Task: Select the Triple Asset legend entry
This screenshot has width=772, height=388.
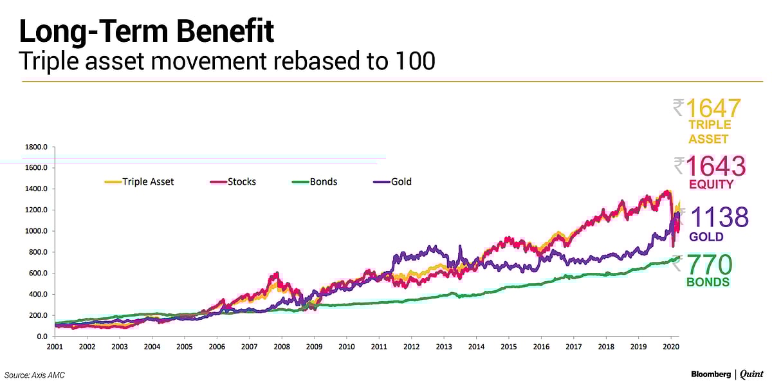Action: click(140, 182)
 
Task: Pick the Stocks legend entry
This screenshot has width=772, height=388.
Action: click(233, 182)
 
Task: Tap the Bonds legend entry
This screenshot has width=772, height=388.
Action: click(315, 182)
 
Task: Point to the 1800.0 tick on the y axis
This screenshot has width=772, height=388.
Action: click(36, 147)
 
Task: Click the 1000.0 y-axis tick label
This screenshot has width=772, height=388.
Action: click(36, 231)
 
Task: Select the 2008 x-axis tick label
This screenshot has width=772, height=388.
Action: click(282, 346)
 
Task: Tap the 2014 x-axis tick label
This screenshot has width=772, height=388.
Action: click(476, 346)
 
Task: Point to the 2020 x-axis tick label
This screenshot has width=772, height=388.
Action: click(671, 346)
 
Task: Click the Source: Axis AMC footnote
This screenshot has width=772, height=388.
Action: click(35, 375)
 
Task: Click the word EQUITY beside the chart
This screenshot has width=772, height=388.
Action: click(710, 185)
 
